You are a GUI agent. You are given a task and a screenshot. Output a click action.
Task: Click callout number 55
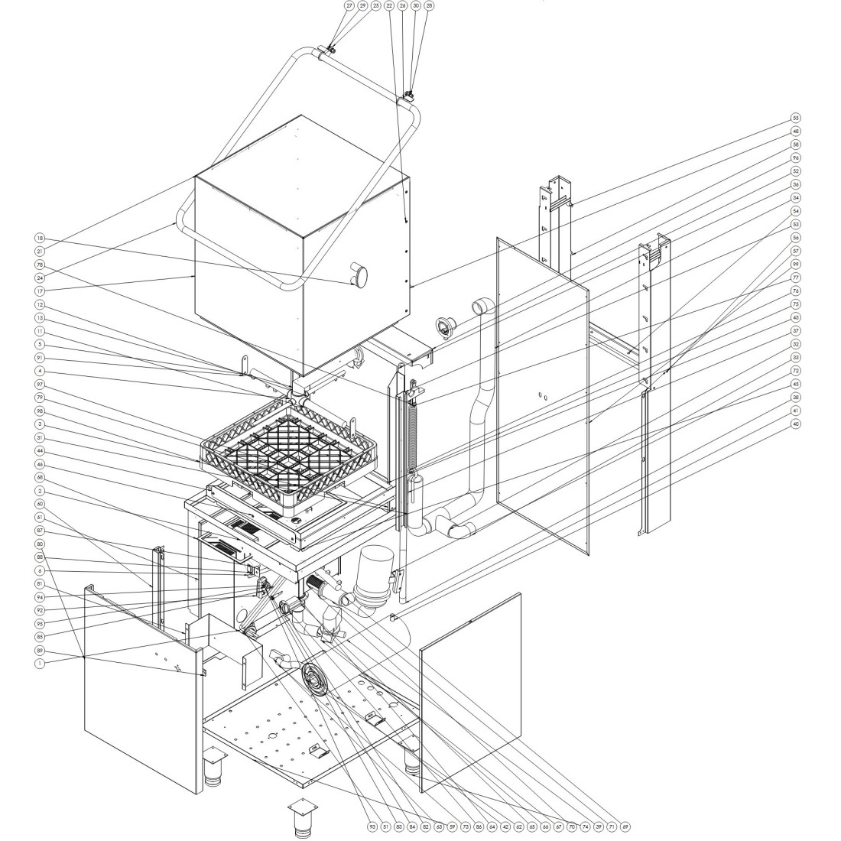click(796, 119)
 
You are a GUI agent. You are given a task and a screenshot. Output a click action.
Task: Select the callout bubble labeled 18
click(40, 239)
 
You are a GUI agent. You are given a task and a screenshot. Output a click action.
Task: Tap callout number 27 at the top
click(349, 5)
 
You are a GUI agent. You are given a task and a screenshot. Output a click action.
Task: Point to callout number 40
click(796, 423)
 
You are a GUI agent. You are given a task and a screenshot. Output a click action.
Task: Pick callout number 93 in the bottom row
click(372, 826)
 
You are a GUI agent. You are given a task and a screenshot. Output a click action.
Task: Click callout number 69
click(625, 826)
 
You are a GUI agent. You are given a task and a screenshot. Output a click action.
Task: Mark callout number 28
click(428, 5)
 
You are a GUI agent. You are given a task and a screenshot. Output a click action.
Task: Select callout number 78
click(40, 264)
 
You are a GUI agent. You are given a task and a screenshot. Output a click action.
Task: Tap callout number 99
click(796, 264)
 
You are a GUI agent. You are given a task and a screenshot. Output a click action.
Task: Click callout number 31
click(40, 437)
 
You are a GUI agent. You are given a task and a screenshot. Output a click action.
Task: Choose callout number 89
click(40, 650)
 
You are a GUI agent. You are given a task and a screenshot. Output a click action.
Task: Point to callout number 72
click(796, 370)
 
